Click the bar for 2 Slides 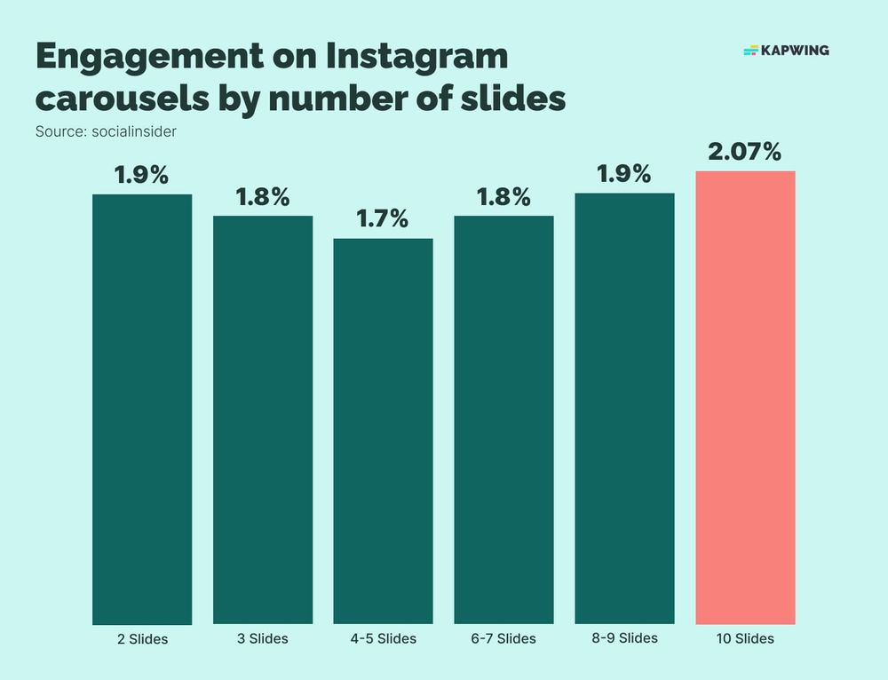tap(142, 408)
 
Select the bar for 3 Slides tap(263, 419)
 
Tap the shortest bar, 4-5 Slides tap(383, 431)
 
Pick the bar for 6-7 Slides tap(503, 419)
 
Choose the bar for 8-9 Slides tap(624, 408)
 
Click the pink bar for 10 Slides tap(745, 397)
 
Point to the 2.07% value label tap(745, 153)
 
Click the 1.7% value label tap(383, 218)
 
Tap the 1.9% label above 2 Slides tap(142, 175)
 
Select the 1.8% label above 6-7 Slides tap(503, 196)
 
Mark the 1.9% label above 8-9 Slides tap(624, 174)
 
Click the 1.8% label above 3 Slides tap(263, 197)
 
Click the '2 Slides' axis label tap(142, 638)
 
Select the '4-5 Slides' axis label tap(383, 638)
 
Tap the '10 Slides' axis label tap(745, 638)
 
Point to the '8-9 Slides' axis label tap(624, 637)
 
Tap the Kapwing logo tap(786, 51)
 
